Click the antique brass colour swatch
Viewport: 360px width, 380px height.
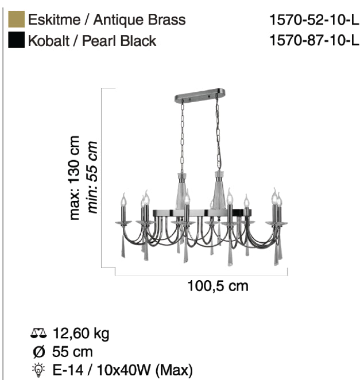click(x=16, y=19)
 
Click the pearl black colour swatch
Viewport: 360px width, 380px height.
click(x=16, y=40)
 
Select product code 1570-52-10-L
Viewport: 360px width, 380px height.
click(x=314, y=20)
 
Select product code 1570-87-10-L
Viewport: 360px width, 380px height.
click(x=314, y=40)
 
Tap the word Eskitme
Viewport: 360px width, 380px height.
click(x=54, y=20)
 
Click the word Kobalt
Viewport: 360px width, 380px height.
click(x=48, y=41)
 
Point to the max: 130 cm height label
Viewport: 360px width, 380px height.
click(x=75, y=178)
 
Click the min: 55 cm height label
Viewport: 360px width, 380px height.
click(x=92, y=177)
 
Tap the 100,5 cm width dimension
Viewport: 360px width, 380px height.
click(x=218, y=286)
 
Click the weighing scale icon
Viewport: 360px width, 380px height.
click(x=38, y=333)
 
